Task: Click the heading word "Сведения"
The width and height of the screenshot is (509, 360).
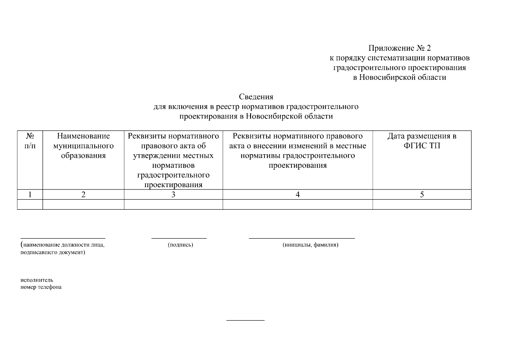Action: click(256, 97)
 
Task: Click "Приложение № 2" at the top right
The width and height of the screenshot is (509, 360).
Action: click(400, 48)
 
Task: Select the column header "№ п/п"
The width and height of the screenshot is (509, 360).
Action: click(30, 141)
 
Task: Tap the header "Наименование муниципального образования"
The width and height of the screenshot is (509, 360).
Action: click(83, 146)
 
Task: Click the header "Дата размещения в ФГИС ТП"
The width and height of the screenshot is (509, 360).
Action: click(422, 141)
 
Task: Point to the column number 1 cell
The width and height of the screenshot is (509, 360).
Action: click(30, 195)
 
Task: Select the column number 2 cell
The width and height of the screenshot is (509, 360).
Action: click(83, 195)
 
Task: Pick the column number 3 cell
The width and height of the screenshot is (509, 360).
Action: click(173, 195)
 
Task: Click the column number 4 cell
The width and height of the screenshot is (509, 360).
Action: click(298, 195)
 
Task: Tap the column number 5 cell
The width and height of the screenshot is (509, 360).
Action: click(422, 195)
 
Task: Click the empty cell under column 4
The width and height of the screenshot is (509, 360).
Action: click(298, 205)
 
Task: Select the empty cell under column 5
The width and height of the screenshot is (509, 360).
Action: click(422, 205)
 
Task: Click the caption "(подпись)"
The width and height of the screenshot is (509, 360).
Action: click(180, 245)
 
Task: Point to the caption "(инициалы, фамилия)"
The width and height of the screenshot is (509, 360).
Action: click(310, 245)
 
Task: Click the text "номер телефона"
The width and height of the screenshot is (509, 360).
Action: click(41, 287)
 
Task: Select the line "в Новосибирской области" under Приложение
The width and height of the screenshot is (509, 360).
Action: click(400, 77)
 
